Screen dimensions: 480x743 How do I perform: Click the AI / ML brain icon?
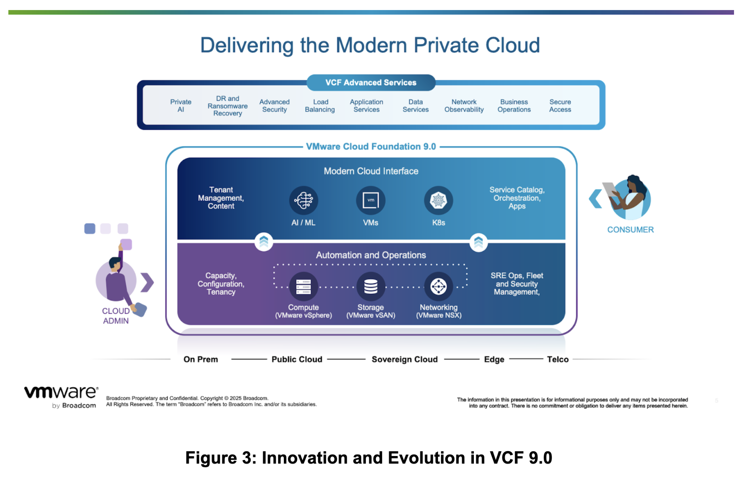pyautogui.click(x=303, y=200)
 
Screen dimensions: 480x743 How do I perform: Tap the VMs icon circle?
pyautogui.click(x=370, y=200)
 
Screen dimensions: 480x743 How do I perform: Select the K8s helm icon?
pyautogui.click(x=438, y=200)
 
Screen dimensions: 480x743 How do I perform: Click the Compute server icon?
pyautogui.click(x=303, y=287)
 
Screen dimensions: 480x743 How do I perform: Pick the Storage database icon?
pyautogui.click(x=370, y=287)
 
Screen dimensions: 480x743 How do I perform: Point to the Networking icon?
pyautogui.click(x=438, y=287)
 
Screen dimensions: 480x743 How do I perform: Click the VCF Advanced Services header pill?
pyautogui.click(x=371, y=83)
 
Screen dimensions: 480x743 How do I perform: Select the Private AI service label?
pyautogui.click(x=181, y=106)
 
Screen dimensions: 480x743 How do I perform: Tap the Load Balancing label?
pyautogui.click(x=320, y=106)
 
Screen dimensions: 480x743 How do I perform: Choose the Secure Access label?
pyautogui.click(x=560, y=106)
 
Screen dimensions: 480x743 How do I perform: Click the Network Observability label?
pyautogui.click(x=464, y=106)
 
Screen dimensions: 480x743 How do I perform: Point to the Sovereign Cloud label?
pyautogui.click(x=404, y=359)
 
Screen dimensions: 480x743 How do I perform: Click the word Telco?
pyautogui.click(x=558, y=359)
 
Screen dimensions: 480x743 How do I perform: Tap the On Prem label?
pyautogui.click(x=201, y=359)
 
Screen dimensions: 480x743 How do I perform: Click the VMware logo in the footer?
pyautogui.click(x=61, y=396)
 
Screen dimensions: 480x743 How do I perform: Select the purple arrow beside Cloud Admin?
pyautogui.click(x=147, y=282)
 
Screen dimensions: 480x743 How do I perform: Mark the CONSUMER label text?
pyautogui.click(x=630, y=230)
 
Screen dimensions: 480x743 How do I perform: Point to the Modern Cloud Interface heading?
pyautogui.click(x=371, y=171)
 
